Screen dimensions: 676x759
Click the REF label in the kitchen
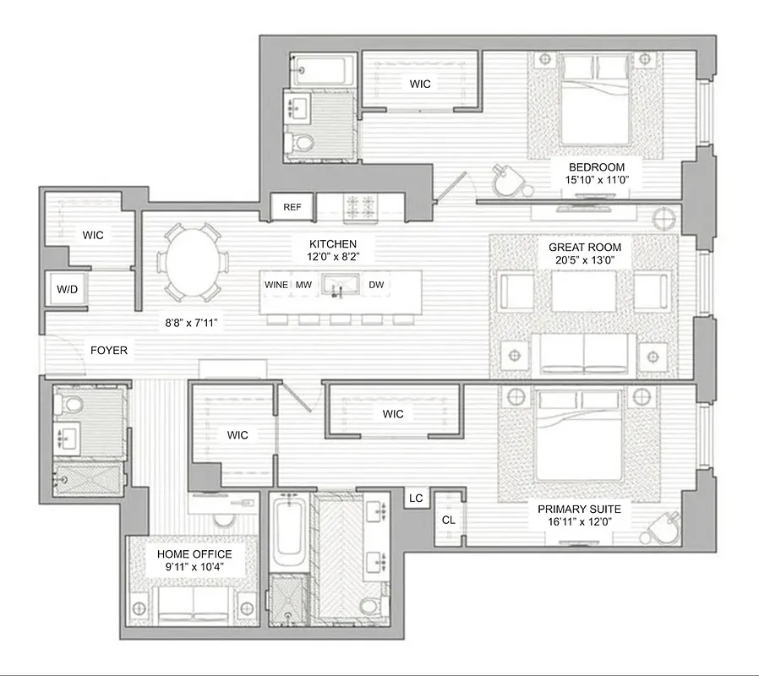tap(292, 207)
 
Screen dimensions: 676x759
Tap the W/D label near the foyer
tap(67, 290)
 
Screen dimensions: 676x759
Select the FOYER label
tap(108, 350)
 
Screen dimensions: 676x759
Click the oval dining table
tap(194, 261)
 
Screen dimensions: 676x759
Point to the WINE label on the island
tap(276, 285)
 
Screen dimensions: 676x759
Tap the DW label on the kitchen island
tap(376, 285)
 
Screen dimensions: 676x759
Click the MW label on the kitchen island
tap(303, 285)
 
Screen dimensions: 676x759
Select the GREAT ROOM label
tap(579, 248)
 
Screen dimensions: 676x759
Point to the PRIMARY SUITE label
tap(579, 509)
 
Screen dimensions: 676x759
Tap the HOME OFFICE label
tap(195, 554)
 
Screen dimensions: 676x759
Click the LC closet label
tap(416, 499)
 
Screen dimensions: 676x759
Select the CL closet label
tap(449, 520)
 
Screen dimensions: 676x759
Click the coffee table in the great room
tap(583, 291)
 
